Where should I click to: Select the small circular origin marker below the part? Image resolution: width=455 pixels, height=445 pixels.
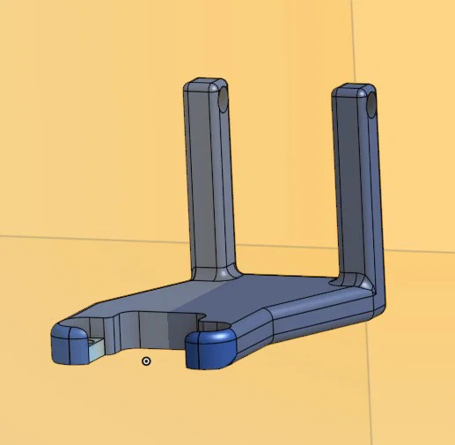click(146, 360)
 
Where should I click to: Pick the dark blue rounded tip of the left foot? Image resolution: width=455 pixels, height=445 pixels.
click(66, 345)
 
